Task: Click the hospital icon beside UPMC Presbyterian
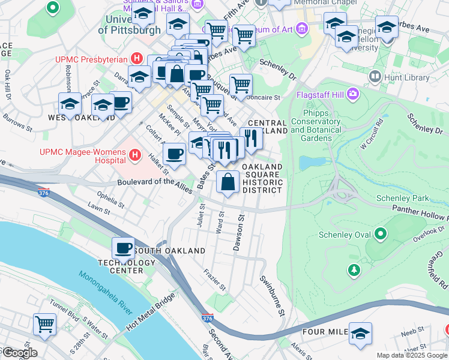coord(137,59)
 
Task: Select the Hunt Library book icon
coord(376,77)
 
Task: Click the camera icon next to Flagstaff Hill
coord(354,95)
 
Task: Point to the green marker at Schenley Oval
coord(380,234)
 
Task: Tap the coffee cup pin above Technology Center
coord(124,247)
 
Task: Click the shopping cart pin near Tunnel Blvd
coord(45,324)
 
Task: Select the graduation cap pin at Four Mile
coord(360,333)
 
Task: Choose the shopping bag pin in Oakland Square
coord(228,181)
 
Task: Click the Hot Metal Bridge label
coord(149,313)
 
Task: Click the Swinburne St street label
coord(271,296)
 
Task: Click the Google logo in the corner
coord(19,353)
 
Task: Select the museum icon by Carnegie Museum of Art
coord(301,29)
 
